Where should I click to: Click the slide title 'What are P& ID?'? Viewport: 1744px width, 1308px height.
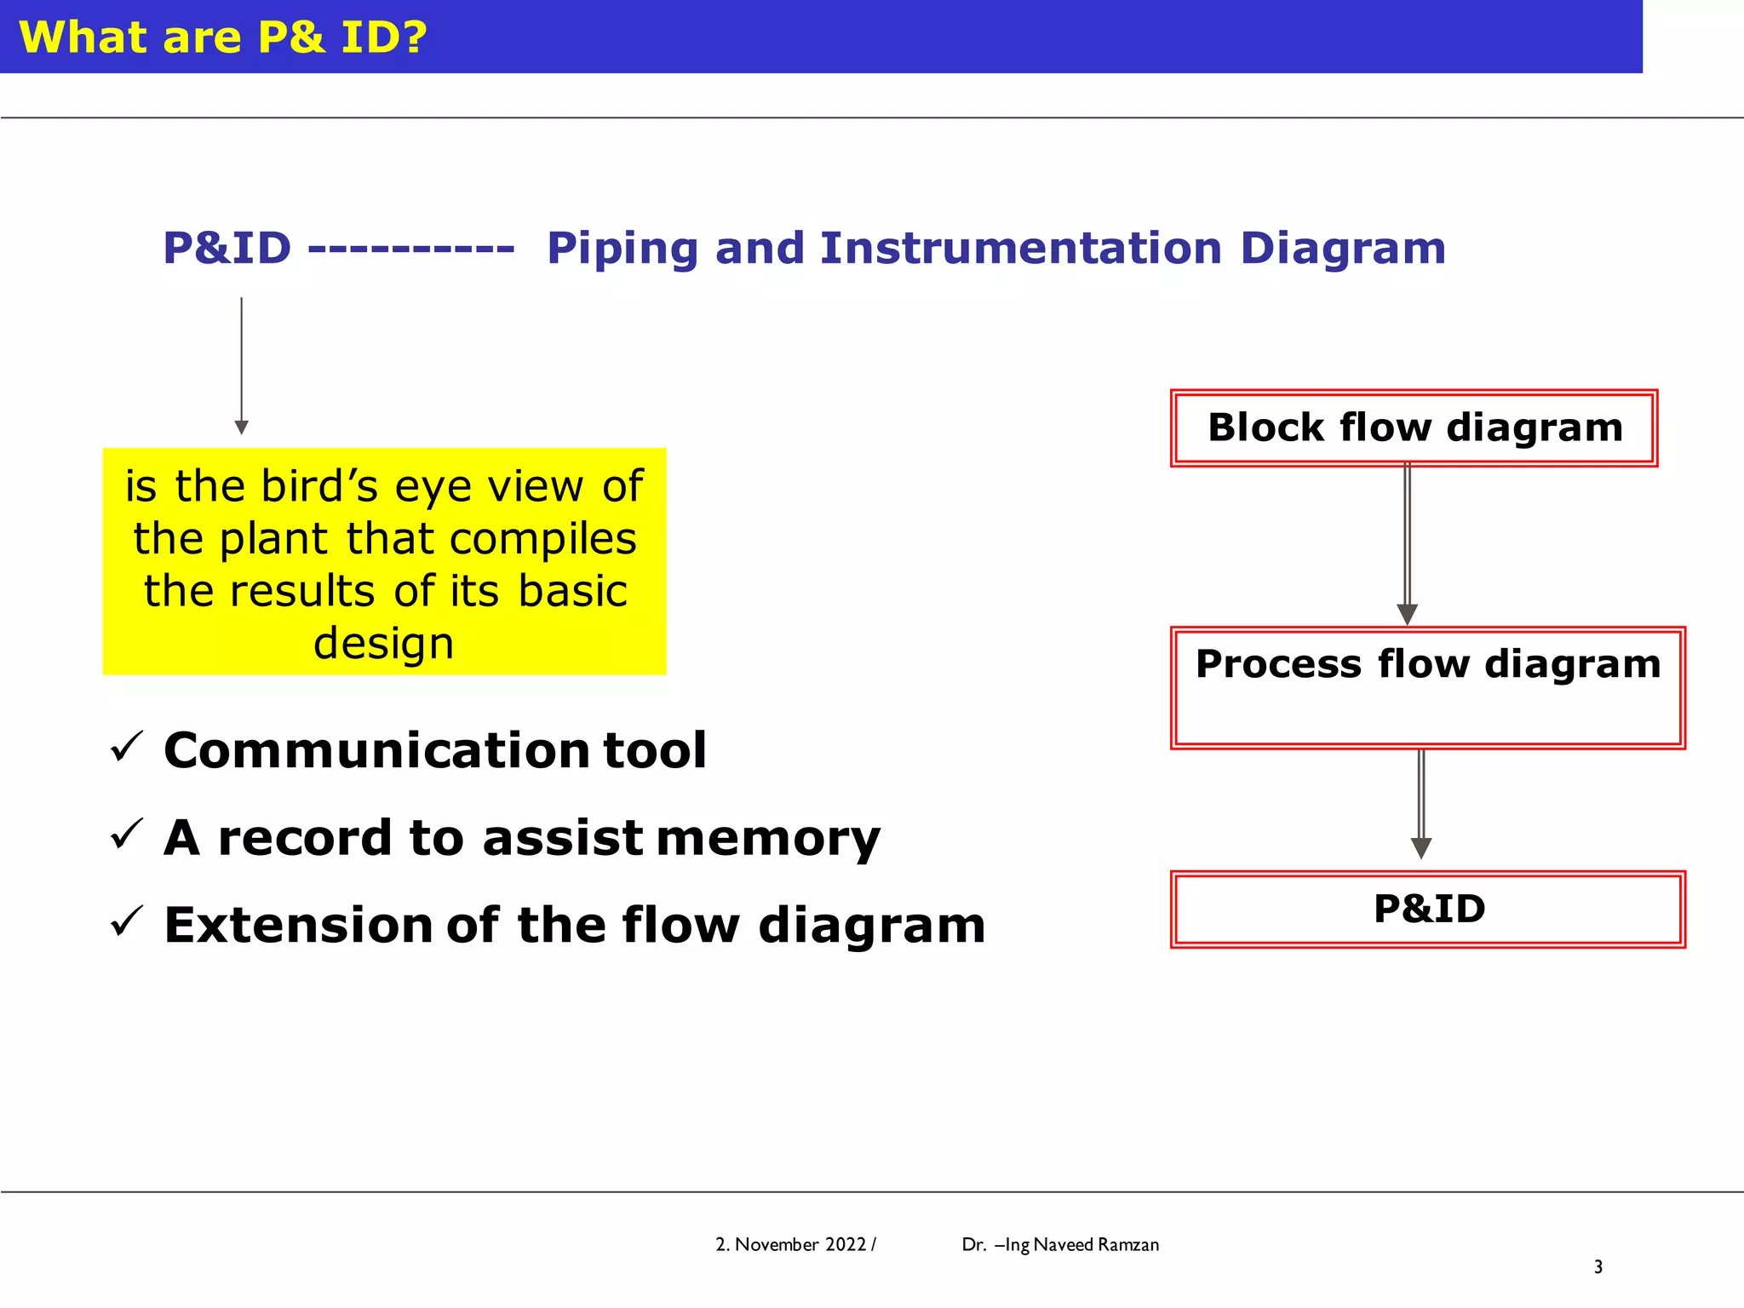coord(222,37)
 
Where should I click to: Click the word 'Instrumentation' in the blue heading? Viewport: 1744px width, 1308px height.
coord(1020,249)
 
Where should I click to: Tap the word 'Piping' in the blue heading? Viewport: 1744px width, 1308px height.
coord(622,249)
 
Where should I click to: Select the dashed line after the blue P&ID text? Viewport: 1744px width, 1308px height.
coord(411,250)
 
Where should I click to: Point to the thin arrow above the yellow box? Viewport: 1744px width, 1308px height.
coord(241,366)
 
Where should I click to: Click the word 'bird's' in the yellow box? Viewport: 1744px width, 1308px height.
coord(319,486)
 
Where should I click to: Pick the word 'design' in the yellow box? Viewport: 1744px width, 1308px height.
coord(383,643)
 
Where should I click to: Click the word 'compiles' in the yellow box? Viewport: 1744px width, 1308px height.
coord(542,539)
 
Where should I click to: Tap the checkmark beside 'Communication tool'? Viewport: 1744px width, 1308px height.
coord(127,747)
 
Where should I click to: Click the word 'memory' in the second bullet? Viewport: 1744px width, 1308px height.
coord(768,839)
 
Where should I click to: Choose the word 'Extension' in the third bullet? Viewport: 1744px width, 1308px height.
coord(298,926)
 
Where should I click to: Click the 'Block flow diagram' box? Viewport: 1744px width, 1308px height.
coord(1414,428)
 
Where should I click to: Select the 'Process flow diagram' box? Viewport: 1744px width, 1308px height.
coord(1427,688)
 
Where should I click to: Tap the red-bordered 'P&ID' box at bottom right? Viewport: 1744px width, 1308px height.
coord(1428,909)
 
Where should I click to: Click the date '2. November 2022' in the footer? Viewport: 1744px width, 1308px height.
coord(791,1244)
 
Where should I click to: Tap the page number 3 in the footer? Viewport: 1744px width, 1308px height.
coord(1598,1267)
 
